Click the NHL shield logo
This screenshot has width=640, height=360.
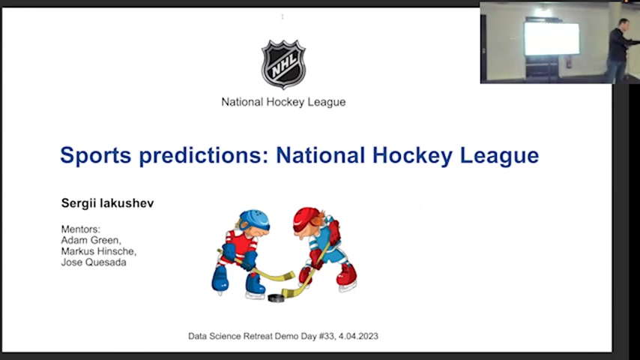pyautogui.click(x=283, y=64)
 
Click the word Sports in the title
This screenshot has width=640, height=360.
pyautogui.click(x=96, y=156)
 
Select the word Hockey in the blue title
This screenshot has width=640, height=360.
pyautogui.click(x=412, y=156)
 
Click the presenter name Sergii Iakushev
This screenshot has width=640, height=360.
pyautogui.click(x=107, y=203)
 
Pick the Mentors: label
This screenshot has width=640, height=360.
pyautogui.click(x=81, y=229)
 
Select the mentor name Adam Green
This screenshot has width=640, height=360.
pyautogui.click(x=91, y=240)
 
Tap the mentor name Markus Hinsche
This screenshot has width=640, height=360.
pyautogui.click(x=99, y=251)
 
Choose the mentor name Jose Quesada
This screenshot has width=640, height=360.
pyautogui.click(x=94, y=262)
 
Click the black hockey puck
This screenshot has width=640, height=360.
pyautogui.click(x=276, y=298)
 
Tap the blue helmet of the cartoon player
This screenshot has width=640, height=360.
pyautogui.click(x=254, y=220)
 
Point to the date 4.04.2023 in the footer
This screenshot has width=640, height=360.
pyautogui.click(x=358, y=336)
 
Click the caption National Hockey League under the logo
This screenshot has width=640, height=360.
pyautogui.click(x=283, y=102)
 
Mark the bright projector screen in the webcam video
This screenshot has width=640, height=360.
pyautogui.click(x=552, y=39)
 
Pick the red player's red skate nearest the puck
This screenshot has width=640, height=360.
pyautogui.click(x=305, y=276)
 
